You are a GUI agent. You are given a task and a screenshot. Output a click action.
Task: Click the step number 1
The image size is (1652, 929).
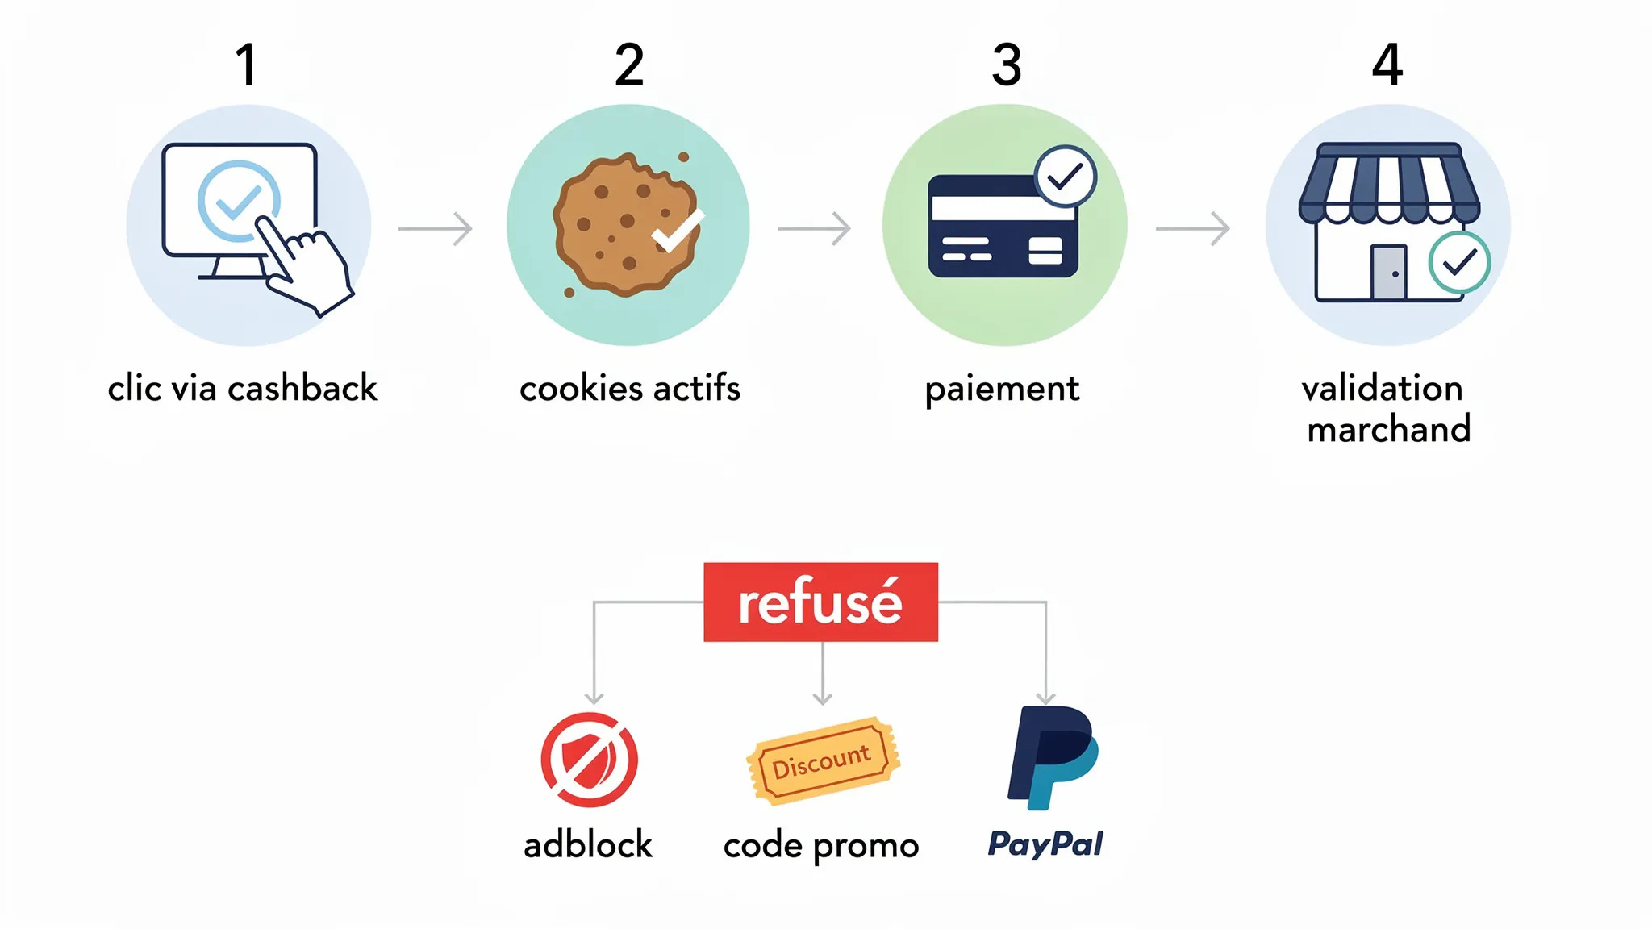point(246,65)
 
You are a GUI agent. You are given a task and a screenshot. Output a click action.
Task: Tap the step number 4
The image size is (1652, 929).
point(1387,65)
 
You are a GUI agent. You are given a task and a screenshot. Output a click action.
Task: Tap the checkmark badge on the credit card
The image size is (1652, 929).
point(1066,176)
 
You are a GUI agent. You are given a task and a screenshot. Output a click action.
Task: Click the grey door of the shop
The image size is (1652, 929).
point(1388,272)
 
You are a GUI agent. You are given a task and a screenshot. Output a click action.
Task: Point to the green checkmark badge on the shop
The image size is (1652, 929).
point(1459,262)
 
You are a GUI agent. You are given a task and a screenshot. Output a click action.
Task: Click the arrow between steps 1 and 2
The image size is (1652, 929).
point(436,229)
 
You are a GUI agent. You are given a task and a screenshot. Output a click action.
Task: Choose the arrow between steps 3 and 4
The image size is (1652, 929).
point(1193,229)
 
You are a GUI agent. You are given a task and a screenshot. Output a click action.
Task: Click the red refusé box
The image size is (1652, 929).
point(820,602)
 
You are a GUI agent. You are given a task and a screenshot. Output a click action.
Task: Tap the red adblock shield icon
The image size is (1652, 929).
point(590,760)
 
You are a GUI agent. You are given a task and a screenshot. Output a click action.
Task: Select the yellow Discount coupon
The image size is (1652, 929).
point(823,760)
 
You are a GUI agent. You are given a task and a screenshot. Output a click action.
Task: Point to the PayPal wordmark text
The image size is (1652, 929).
point(1045,844)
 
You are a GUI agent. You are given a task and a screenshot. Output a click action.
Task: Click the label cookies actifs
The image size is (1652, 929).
point(630,389)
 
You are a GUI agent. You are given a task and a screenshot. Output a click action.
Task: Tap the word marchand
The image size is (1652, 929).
point(1389,429)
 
